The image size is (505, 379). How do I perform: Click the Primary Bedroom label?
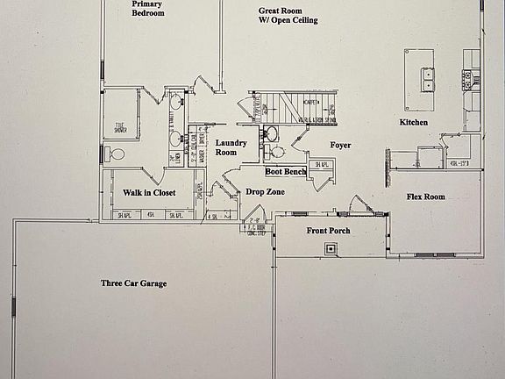[x=148, y=8]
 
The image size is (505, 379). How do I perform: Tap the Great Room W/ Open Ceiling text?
[x=288, y=16]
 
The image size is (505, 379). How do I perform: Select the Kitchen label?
[x=414, y=122]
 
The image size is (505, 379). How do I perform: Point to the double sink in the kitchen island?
[x=429, y=80]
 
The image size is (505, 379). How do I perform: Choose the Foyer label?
[x=341, y=146]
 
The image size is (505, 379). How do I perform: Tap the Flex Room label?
[x=425, y=197]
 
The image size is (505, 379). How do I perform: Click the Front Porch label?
[x=329, y=231]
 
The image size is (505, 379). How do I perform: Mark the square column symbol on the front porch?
[x=331, y=249]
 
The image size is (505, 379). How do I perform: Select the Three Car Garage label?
[x=133, y=283]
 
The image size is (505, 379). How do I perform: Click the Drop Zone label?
[x=264, y=191]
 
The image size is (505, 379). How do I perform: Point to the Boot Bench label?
[x=286, y=172]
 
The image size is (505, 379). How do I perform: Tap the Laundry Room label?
[x=231, y=147]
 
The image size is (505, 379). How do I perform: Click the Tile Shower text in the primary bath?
[x=120, y=128]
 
